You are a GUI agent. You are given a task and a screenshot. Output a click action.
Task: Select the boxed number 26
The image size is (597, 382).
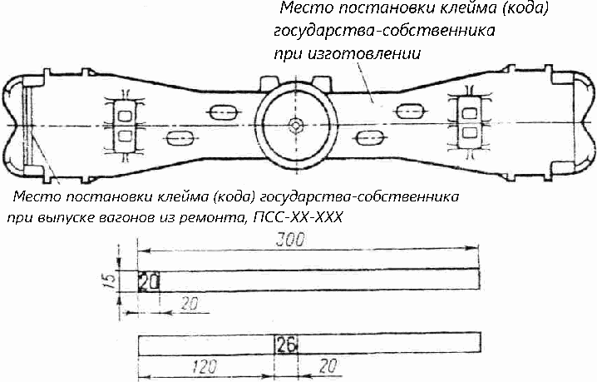286,343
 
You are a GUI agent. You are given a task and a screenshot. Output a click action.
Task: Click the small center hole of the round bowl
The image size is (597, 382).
296,123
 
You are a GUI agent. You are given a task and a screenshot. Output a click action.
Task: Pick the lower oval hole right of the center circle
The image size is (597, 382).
367,135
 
